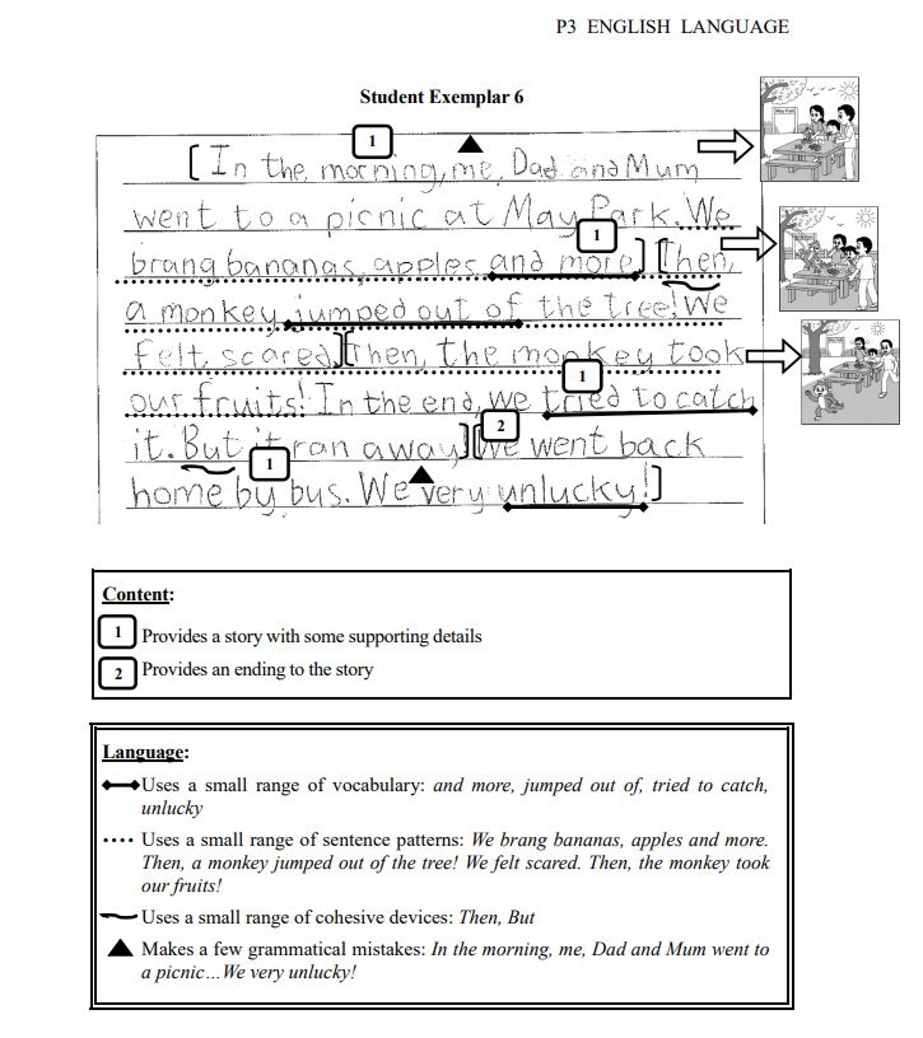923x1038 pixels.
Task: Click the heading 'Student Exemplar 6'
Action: point(441,97)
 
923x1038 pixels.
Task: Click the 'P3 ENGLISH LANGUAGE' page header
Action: point(672,27)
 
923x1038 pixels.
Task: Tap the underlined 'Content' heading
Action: point(136,594)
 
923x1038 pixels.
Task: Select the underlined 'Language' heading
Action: point(143,752)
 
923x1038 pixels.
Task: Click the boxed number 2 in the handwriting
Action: point(500,426)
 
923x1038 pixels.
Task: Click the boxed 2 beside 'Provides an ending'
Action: point(117,673)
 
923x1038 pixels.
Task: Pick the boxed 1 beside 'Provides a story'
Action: point(117,632)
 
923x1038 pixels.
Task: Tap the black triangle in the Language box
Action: point(121,948)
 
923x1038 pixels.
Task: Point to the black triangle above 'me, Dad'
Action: point(470,145)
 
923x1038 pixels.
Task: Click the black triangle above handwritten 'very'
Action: point(421,476)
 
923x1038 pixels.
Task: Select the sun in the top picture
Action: point(847,90)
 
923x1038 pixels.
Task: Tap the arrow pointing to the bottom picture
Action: point(773,356)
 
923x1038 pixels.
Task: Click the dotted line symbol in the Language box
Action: point(118,841)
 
